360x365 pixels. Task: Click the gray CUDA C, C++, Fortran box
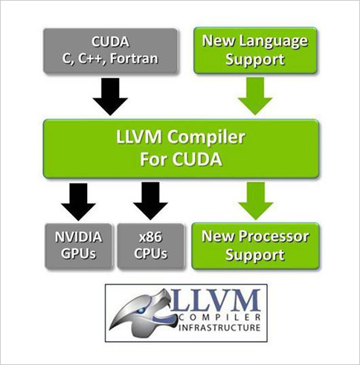click(x=111, y=51)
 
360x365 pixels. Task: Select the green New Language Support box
click(x=255, y=51)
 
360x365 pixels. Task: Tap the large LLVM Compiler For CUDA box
click(x=181, y=149)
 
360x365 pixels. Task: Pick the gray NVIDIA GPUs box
click(x=78, y=246)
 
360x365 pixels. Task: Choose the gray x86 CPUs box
click(x=150, y=246)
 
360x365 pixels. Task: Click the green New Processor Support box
click(x=255, y=246)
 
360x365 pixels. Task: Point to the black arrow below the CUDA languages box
click(x=110, y=96)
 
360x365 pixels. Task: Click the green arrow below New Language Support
click(x=255, y=96)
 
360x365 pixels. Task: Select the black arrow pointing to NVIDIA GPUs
click(x=78, y=201)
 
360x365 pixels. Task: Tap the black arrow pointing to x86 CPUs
click(x=150, y=201)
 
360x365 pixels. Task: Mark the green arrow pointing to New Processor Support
click(x=256, y=201)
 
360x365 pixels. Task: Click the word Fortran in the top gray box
click(x=134, y=59)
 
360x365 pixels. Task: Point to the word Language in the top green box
click(x=273, y=42)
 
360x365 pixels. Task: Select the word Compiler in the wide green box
click(x=206, y=138)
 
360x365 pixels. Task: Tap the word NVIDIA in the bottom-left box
click(x=78, y=237)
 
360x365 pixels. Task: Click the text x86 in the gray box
click(x=150, y=237)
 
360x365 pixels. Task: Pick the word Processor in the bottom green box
click(x=274, y=236)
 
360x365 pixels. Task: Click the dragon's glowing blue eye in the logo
click(x=141, y=310)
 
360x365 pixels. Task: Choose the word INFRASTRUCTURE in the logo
click(x=219, y=327)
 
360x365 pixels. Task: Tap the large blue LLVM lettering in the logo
click(x=216, y=300)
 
